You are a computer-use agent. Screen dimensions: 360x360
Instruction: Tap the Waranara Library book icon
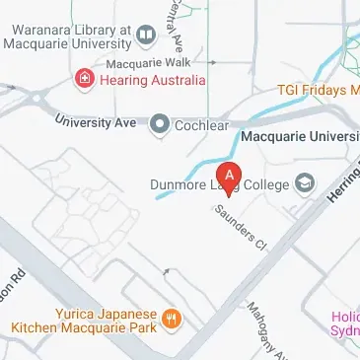(x=147, y=36)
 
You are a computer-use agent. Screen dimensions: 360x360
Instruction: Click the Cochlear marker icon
(x=158, y=124)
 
